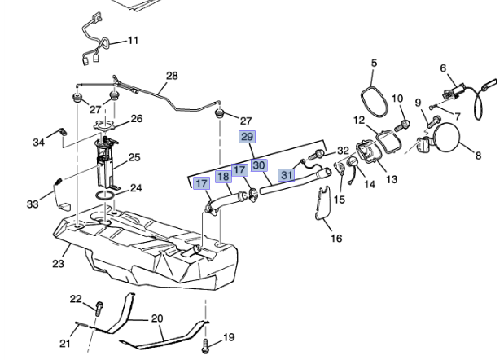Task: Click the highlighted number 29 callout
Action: click(x=247, y=137)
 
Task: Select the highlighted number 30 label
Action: click(x=259, y=165)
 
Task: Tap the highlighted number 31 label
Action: click(x=287, y=174)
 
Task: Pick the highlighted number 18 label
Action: click(x=223, y=177)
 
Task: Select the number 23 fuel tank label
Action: click(x=57, y=263)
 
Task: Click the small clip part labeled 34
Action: click(x=61, y=131)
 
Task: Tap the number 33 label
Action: click(x=32, y=204)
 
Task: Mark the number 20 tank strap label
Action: click(x=156, y=318)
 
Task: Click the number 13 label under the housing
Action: click(x=392, y=178)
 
